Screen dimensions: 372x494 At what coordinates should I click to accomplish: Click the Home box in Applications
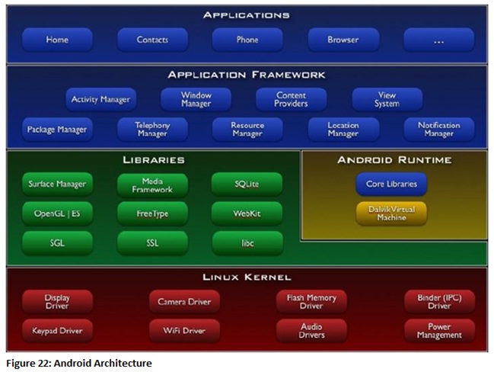57,40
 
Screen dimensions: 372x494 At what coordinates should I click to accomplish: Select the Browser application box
343,40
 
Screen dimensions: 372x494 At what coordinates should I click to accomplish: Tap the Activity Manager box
100,99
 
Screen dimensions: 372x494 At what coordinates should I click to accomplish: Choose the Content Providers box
292,99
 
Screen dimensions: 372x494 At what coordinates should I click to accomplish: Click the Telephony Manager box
152,130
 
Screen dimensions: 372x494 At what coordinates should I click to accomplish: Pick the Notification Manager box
438,130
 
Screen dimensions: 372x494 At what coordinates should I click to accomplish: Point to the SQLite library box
247,184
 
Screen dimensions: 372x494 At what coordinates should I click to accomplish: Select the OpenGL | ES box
57,213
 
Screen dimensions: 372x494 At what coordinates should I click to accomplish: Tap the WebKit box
247,213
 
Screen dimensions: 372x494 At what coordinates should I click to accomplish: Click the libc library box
247,243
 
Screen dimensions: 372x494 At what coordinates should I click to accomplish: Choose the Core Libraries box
391,184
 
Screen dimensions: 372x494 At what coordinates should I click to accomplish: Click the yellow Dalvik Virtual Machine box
391,213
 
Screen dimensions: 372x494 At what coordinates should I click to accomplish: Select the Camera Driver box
183,302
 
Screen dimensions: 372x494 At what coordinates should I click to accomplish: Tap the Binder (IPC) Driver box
439,301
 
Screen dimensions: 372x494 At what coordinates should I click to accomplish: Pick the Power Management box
439,331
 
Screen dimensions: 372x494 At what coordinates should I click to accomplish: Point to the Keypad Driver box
57,331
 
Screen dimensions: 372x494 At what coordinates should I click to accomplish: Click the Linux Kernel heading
247,277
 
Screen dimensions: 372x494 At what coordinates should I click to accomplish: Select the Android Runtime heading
394,160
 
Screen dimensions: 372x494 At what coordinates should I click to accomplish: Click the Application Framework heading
247,75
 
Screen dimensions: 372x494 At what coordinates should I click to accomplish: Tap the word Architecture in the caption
125,364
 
